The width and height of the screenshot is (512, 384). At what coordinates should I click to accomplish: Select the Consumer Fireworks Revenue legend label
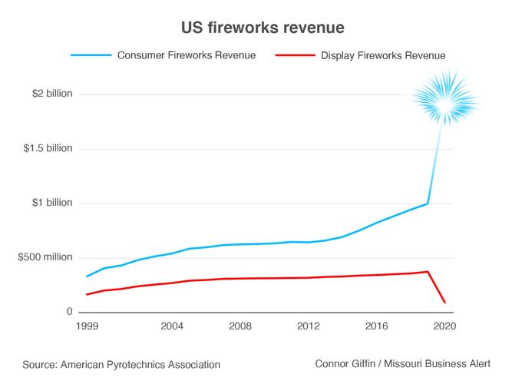(186, 55)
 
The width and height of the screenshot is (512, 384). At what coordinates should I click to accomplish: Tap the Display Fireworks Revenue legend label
(383, 55)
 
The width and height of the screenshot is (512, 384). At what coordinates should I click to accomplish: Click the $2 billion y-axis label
(52, 94)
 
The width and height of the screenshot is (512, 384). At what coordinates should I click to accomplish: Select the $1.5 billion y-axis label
(48, 148)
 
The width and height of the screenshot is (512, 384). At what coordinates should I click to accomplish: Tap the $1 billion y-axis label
(52, 203)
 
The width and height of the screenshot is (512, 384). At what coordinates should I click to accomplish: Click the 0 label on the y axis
(68, 313)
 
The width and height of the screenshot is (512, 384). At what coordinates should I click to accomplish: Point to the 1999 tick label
(87, 326)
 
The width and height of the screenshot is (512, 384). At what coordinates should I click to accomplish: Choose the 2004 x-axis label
(172, 326)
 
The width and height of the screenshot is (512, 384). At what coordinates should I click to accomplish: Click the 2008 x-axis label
(240, 326)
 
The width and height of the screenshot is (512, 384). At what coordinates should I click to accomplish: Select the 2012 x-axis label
(309, 326)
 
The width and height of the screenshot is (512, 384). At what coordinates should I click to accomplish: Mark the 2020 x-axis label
(444, 326)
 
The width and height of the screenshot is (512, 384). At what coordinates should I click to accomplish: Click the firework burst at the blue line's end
(445, 101)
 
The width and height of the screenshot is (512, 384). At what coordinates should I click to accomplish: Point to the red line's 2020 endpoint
(445, 302)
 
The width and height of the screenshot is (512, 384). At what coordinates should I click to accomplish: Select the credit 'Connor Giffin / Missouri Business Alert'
(402, 363)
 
